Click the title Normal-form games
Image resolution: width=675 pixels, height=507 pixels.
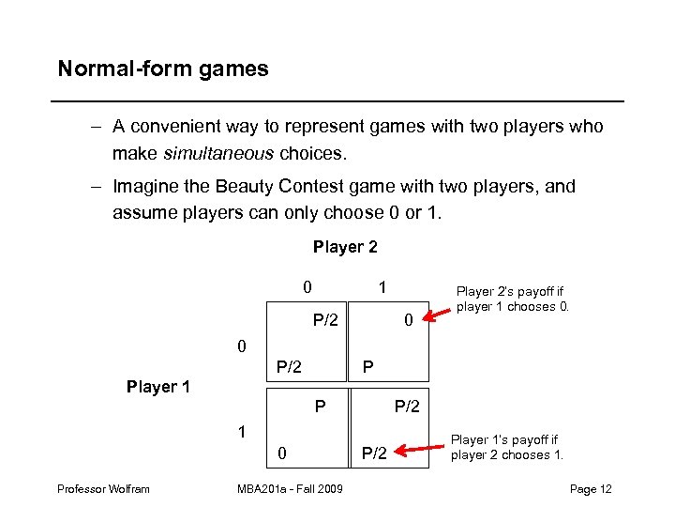[162, 69]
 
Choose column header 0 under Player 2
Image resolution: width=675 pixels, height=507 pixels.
[307, 284]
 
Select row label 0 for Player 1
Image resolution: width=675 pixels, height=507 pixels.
[242, 346]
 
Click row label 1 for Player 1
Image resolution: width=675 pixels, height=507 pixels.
[242, 433]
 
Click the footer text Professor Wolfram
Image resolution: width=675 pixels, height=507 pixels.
[102, 488]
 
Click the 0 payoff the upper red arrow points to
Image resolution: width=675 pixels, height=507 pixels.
[408, 321]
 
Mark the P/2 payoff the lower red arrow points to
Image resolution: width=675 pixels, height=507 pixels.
[374, 455]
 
